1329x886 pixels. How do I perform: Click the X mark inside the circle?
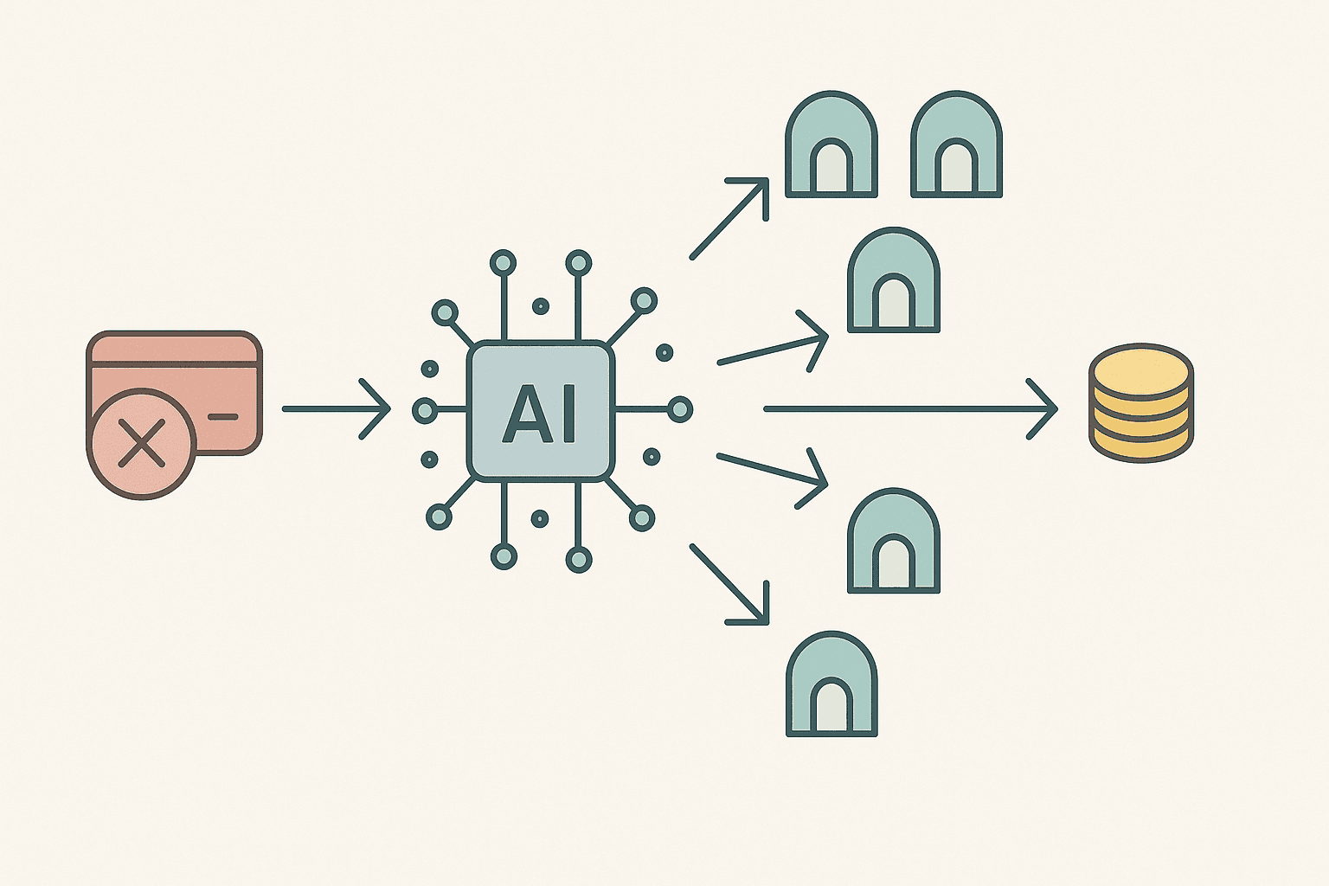[141, 443]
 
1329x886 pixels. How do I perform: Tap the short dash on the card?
[222, 417]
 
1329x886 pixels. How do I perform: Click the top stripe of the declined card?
[174, 350]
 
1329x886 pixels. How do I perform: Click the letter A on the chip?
[522, 414]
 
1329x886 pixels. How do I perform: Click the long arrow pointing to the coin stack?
[908, 408]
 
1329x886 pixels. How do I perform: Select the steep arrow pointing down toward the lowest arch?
[729, 584]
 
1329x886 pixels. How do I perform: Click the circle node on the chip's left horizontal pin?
[425, 409]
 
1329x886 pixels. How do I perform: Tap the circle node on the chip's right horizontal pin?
[680, 409]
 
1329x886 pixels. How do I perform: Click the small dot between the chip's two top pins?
[541, 306]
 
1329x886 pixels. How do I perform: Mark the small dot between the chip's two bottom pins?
[540, 518]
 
